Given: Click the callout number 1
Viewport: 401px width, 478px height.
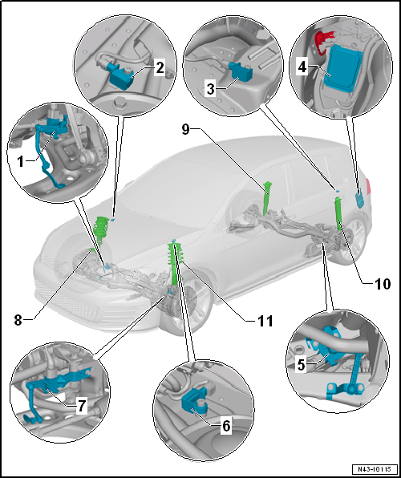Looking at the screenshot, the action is (21, 161).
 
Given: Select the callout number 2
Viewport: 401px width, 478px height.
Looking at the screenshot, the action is (159, 68).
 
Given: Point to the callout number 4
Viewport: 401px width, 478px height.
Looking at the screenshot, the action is (302, 67).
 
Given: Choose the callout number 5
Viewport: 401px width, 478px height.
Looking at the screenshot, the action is (302, 365).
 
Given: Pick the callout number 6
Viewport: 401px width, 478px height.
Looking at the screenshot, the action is (226, 426).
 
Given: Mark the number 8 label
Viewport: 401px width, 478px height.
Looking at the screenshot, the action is (18, 321).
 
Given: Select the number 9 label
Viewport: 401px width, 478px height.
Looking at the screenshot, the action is (186, 129).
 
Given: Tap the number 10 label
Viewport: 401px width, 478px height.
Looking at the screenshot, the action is (381, 284).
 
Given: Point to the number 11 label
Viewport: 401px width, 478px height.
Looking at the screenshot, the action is (265, 321).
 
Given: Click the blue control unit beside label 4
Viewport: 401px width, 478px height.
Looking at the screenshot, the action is (342, 67).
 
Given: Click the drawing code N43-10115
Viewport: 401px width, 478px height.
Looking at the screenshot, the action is (375, 468).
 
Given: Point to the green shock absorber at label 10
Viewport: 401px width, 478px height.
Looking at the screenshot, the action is (339, 213).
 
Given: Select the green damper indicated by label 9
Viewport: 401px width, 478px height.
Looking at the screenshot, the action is (267, 198).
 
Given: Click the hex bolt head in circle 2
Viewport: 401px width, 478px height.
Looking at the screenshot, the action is (118, 103).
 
